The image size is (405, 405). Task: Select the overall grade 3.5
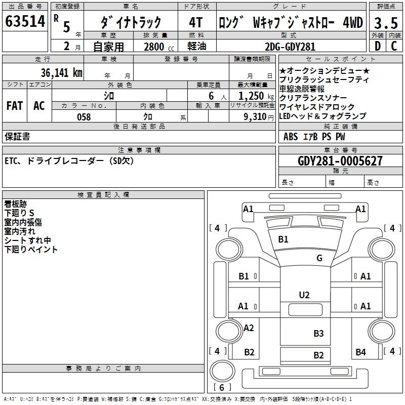(x=385, y=23)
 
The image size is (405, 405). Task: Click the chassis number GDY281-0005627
(x=340, y=161)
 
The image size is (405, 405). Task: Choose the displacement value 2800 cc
(x=157, y=47)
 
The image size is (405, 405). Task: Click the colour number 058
(x=84, y=116)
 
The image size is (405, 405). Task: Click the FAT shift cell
(x=15, y=105)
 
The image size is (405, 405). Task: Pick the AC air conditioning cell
(x=39, y=105)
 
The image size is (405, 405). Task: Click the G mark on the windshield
(x=319, y=258)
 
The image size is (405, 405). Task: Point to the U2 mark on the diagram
(x=304, y=295)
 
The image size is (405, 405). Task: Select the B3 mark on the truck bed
(x=318, y=333)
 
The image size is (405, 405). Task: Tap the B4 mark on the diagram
(x=360, y=352)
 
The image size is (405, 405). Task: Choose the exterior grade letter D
(x=377, y=47)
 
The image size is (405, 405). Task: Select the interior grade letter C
(x=394, y=47)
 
